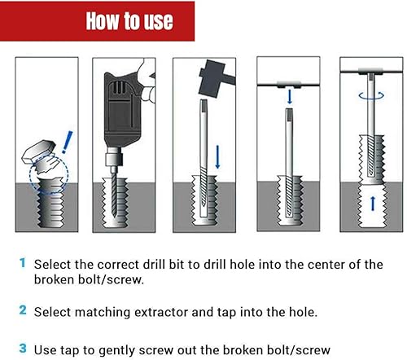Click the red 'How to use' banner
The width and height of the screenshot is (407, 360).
[129, 21]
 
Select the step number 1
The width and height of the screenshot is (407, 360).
[23, 263]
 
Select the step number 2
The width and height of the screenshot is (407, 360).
[23, 309]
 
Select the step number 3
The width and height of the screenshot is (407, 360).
[23, 348]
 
